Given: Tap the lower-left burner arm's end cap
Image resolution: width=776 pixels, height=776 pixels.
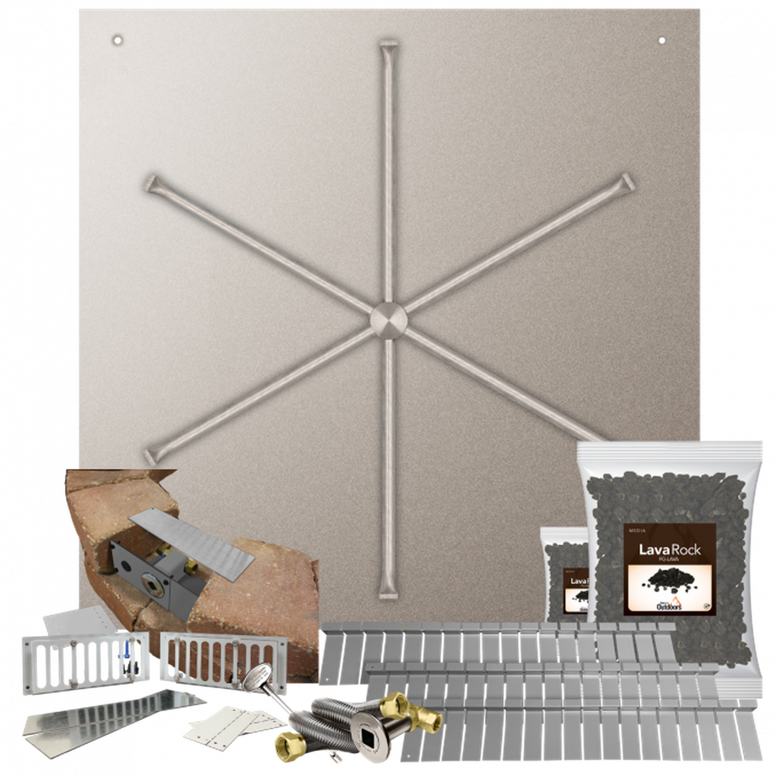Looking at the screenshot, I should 151,454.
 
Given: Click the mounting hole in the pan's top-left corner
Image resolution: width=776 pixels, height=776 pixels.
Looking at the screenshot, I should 117,40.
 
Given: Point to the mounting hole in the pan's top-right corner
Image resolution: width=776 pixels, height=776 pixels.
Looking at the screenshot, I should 662,40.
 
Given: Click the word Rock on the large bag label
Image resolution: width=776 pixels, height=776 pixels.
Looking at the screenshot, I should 684,549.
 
